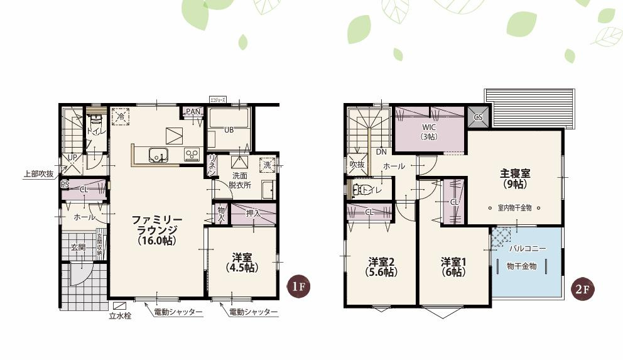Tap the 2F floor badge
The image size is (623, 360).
tap(582, 290)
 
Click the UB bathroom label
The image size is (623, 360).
tap(229, 130)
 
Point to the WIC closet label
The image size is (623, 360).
tap(429, 131)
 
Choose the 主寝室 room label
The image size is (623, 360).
tap(516, 178)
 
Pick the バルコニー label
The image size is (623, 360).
tap(526, 249)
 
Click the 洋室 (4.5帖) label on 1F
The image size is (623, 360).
tap(242, 262)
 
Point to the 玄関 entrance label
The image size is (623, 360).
tap(78, 248)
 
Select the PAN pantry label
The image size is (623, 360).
tap(193, 112)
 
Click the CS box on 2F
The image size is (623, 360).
tap(478, 117)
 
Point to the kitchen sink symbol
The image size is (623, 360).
tap(157, 154)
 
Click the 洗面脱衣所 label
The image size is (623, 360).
tap(240, 180)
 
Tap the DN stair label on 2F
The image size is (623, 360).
tap(381, 152)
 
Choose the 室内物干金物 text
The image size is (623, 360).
tap(514, 207)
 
